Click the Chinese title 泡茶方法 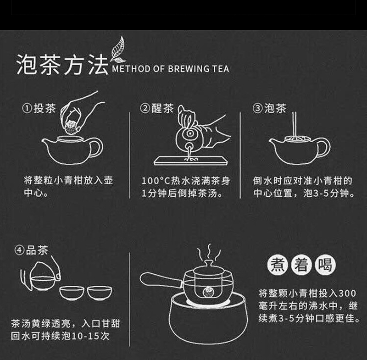pos(62,65)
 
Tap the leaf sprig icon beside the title pos(118,50)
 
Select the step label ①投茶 pos(39,108)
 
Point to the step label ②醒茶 pos(157,108)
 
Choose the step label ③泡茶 pos(270,108)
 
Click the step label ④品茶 pos(31,250)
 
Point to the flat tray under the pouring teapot pos(191,161)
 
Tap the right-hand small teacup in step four pos(100,293)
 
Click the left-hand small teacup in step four pos(72,293)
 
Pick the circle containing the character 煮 pos(278,265)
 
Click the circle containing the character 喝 pos(325,265)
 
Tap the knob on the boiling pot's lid pos(209,263)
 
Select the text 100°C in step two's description pos(156,181)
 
